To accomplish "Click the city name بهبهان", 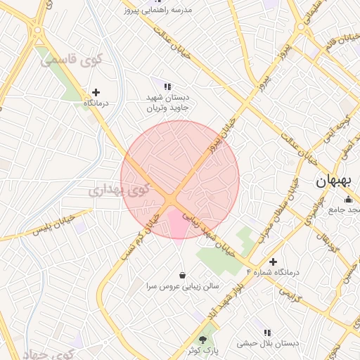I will point(333,181).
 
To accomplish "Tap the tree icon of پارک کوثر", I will point(203,340).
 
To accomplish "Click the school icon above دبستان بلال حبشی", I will point(267,332).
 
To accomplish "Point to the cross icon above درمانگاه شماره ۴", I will point(274,262).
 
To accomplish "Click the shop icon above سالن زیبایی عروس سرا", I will point(183,275).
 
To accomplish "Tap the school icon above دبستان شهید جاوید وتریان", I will point(167,86).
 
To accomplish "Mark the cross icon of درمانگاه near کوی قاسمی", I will point(96,92).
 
